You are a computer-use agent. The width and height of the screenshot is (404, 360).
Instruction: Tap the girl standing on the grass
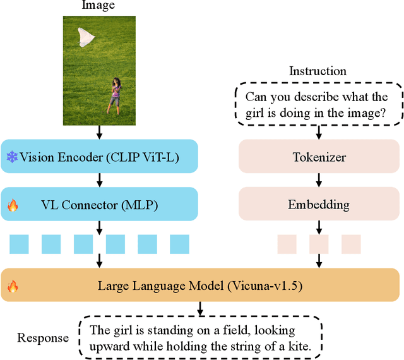[115, 95]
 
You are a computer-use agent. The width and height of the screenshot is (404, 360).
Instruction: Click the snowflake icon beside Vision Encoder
[12, 157]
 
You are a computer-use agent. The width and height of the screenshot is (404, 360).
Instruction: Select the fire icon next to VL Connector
[12, 205]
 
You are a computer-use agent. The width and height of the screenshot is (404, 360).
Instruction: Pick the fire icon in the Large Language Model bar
[12, 286]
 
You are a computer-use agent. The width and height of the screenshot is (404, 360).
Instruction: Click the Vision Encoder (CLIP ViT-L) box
[100, 157]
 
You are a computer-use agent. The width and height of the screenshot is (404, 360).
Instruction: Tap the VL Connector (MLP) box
[100, 205]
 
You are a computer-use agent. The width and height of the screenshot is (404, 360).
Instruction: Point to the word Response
[43, 338]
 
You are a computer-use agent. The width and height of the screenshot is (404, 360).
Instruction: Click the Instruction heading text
[318, 71]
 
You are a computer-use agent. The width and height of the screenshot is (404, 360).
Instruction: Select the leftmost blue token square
[19, 244]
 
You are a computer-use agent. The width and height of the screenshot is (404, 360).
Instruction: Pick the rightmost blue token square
[179, 244]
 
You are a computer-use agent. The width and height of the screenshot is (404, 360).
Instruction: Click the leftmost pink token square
[287, 244]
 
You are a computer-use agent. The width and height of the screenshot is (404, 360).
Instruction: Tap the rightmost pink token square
[351, 244]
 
